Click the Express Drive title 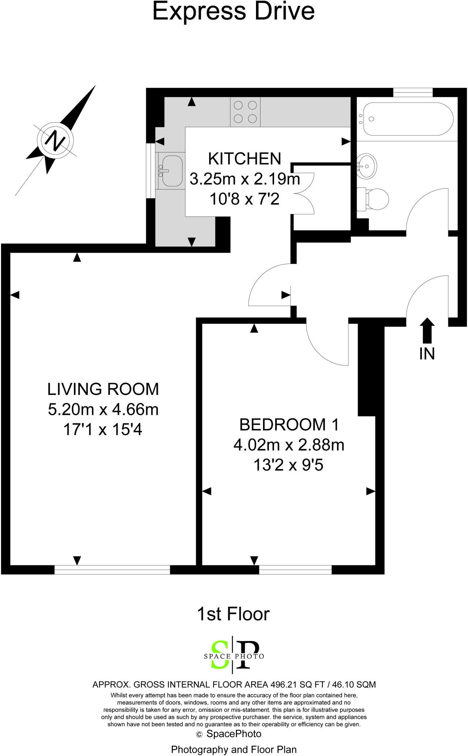coord(233,11)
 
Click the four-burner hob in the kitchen coord(245,112)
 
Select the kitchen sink coord(171,171)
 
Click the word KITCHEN coord(245,159)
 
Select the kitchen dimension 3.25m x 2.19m coord(245,179)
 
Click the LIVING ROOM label coord(103,389)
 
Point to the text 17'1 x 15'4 coord(103,430)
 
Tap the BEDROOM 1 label coord(289,425)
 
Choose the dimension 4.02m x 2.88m coord(289,445)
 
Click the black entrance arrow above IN coord(427,331)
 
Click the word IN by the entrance coord(427,354)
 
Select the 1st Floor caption coord(233,614)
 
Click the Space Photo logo coord(234,656)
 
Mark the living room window coord(112,570)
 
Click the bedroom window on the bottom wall coord(295,570)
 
